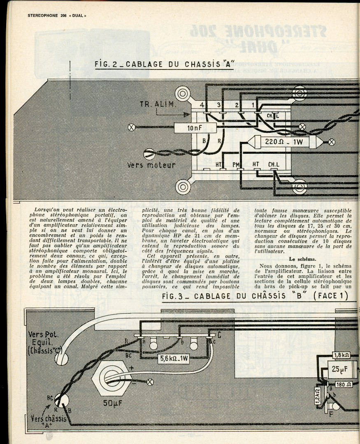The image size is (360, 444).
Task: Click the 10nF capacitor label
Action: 195,128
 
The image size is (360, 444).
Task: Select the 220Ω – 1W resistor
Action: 284,142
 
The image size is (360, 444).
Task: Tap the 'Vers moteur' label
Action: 151,165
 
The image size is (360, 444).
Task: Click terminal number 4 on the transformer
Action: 202,105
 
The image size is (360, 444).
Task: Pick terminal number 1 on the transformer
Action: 253,105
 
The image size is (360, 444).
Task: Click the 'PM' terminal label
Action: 236,164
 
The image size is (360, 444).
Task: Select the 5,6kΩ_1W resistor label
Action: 174,359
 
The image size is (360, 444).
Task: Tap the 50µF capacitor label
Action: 111,404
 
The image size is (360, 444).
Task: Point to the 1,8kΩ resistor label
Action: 341,355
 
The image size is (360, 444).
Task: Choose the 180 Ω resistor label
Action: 342,385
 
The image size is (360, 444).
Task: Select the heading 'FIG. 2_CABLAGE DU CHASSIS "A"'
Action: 164,65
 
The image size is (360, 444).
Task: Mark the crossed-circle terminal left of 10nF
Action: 132,127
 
